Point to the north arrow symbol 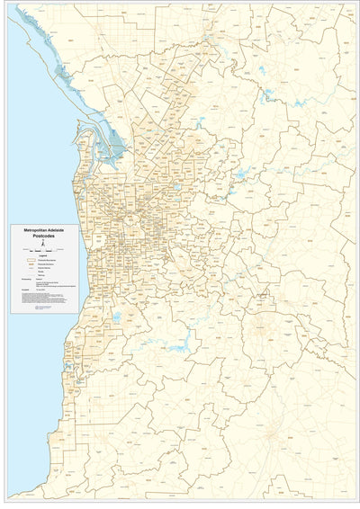[x=43, y=245]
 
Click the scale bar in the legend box [x=43, y=251]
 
